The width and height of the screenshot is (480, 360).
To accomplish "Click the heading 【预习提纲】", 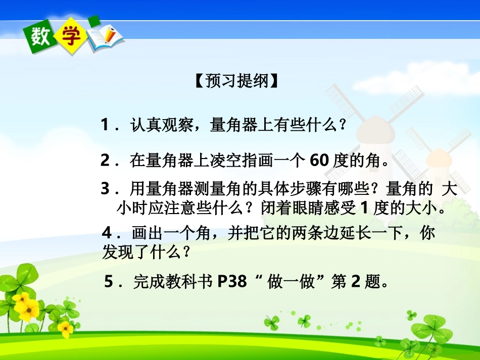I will [236, 81].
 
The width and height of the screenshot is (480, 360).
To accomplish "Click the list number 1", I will [105, 124].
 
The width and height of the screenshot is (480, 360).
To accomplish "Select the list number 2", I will [105, 161].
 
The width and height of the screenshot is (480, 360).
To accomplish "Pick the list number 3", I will [105, 189].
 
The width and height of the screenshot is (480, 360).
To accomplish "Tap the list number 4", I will [107, 234].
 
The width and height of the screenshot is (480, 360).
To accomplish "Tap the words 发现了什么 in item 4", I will [140, 251].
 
